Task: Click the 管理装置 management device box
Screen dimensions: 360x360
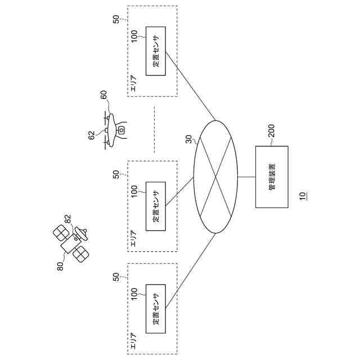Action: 272,177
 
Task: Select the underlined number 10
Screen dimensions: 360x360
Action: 303,196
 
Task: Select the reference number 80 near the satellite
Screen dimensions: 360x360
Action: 60,265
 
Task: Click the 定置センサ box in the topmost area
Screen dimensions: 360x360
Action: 156,51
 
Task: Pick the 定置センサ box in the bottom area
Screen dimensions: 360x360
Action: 156,309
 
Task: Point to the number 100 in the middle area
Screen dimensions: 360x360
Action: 135,191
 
